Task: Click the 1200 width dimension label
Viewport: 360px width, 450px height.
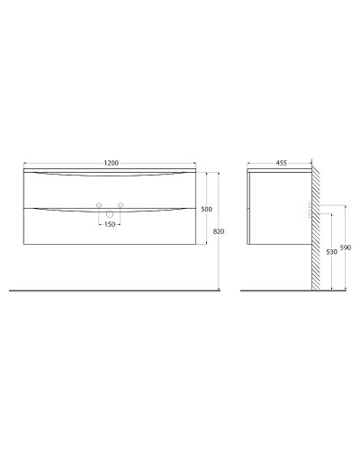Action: click(x=110, y=163)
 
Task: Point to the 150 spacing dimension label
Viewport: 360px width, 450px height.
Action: click(x=110, y=224)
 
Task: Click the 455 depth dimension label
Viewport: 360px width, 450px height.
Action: click(x=281, y=163)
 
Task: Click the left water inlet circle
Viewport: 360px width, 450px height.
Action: click(x=100, y=206)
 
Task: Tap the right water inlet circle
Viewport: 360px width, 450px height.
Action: click(x=121, y=206)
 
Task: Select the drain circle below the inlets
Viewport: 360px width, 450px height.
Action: click(x=110, y=213)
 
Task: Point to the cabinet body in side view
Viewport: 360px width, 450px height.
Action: click(x=277, y=207)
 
